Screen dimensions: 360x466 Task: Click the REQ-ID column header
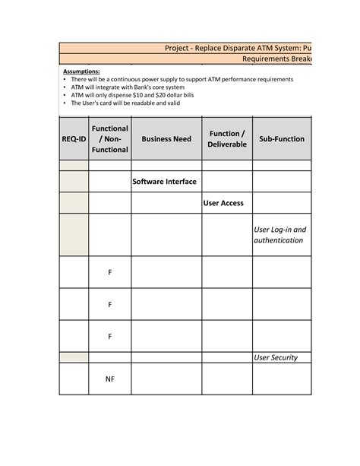[x=74, y=139]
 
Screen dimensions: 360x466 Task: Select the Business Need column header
[x=166, y=139]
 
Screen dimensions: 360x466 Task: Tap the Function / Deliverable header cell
[x=227, y=139]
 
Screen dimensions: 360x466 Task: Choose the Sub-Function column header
[x=282, y=139]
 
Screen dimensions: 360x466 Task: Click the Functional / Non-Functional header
[x=109, y=139]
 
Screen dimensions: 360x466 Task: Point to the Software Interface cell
[x=165, y=182]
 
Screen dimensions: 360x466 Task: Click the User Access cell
[x=223, y=203]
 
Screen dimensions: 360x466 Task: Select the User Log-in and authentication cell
[x=279, y=235]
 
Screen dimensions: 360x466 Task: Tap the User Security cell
[x=276, y=357]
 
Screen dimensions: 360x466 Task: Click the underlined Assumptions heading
[x=81, y=71]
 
